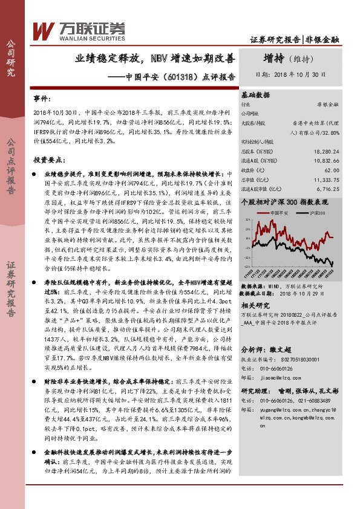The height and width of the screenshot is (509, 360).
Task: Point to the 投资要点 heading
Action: [48, 160]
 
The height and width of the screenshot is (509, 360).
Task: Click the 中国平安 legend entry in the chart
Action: [278, 213]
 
